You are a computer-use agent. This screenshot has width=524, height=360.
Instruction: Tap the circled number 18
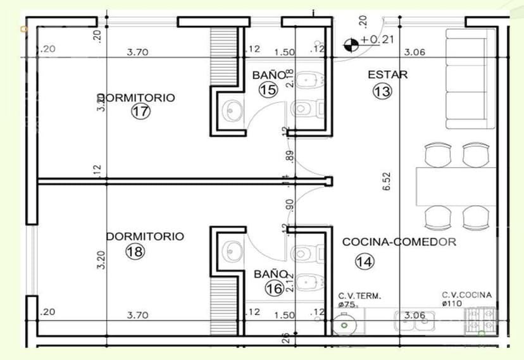point(135,251)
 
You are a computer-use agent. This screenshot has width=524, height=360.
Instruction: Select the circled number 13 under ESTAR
point(382,91)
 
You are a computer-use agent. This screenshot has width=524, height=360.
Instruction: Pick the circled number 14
point(365,261)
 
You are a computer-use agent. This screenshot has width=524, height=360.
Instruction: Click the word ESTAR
point(387,75)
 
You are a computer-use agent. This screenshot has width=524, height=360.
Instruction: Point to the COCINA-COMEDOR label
point(399,242)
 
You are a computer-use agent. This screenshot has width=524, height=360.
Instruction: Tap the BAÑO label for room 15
point(269,75)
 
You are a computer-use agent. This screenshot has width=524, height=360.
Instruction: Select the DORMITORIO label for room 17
point(137,98)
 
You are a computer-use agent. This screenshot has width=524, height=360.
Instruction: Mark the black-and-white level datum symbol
point(349,44)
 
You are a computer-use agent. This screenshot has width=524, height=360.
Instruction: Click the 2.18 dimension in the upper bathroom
point(290,77)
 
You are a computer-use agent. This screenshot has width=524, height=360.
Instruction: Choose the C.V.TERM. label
point(359,295)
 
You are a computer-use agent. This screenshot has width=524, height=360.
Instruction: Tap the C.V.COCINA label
point(466,295)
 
